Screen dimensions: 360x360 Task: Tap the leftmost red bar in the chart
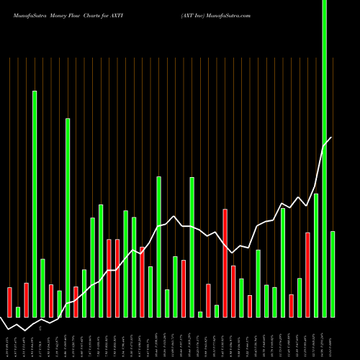[9, 302]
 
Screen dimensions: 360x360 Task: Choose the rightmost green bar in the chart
[333, 274]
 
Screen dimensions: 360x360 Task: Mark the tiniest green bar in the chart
[200, 314]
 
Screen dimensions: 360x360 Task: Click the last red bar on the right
[307, 274]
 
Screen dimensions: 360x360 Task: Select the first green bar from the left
[18, 312]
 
